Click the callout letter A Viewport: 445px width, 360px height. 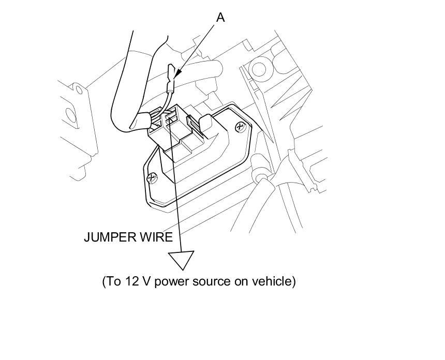click(220, 18)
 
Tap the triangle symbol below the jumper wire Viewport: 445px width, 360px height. click(181, 259)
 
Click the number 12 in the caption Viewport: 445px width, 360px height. click(131, 282)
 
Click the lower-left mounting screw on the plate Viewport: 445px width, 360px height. click(152, 178)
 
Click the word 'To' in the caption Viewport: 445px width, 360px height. click(113, 282)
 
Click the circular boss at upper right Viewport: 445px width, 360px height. click(257, 67)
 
